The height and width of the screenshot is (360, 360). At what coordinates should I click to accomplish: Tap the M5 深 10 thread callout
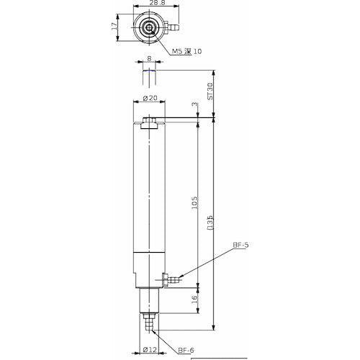point(189,50)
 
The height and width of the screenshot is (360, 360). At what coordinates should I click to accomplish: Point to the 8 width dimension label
point(149,61)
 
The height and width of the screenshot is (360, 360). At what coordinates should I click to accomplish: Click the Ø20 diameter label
point(150,97)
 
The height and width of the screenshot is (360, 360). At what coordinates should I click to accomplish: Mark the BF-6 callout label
point(186,350)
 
